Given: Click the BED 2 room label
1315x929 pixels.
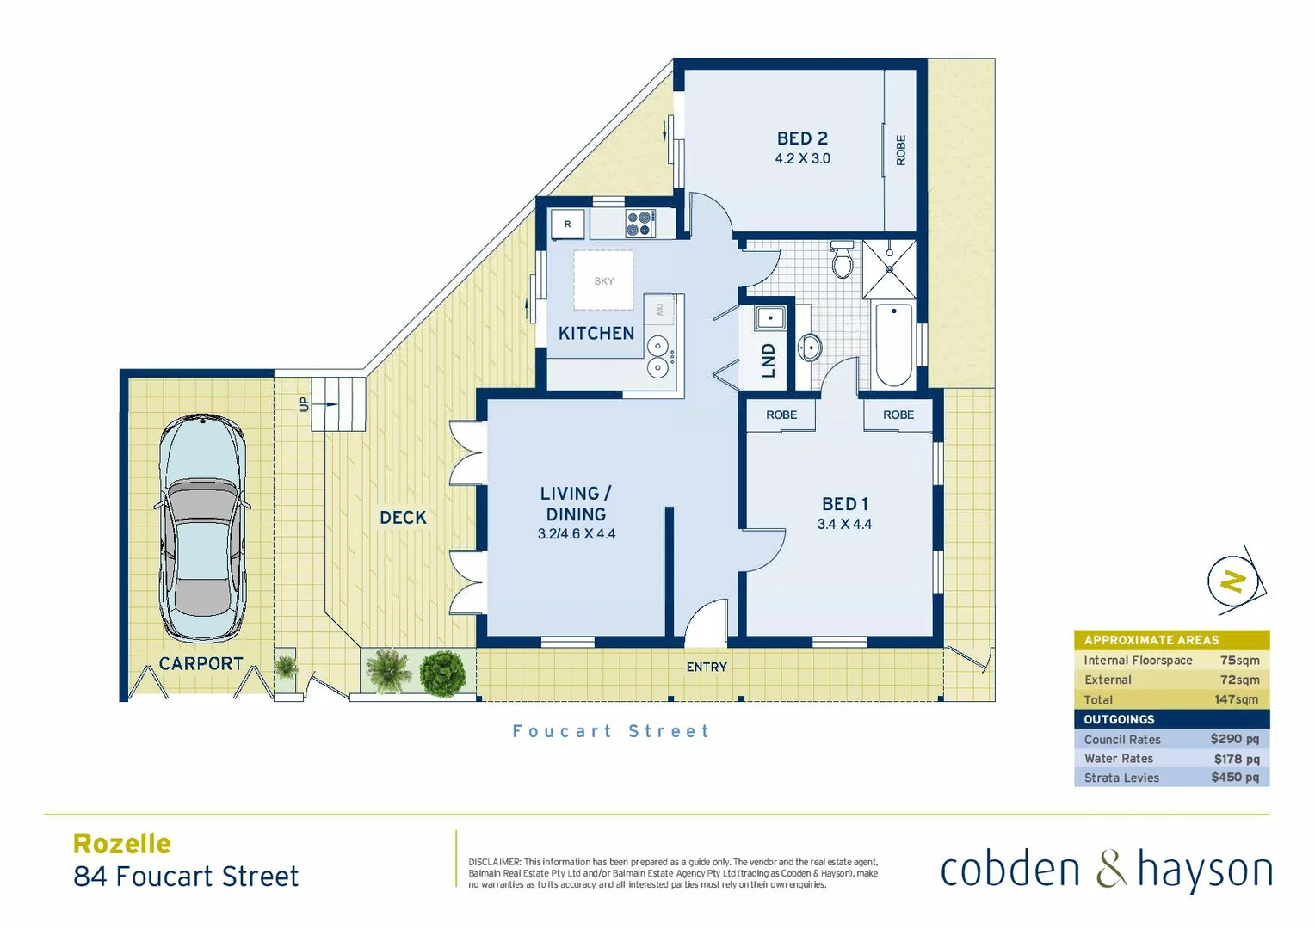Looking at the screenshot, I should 802,138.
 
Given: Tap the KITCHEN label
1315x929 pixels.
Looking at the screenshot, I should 596,333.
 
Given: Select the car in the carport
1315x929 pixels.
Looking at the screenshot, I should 202,528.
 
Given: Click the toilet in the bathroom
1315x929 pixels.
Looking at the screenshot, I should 843,261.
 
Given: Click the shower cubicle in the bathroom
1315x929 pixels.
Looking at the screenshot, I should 889,268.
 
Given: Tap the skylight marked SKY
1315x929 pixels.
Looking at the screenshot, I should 604,280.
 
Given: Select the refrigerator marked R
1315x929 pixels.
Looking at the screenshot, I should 567,224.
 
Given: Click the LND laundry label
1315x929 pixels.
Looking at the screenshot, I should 769,360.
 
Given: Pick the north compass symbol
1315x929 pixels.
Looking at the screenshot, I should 1235,581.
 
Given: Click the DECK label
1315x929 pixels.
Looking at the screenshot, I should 403,517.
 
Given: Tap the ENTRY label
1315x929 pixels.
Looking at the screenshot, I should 707,667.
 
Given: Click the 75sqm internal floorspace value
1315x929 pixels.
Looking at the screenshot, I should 1239,660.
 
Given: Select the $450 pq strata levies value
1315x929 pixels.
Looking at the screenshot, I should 1234,777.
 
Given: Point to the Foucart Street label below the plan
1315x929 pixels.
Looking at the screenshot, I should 611,731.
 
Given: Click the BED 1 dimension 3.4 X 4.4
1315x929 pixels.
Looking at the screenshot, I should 844,524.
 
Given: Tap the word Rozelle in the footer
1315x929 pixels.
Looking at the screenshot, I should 122,843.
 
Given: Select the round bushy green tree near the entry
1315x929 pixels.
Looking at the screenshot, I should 443,671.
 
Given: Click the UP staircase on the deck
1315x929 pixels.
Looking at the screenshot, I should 338,403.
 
